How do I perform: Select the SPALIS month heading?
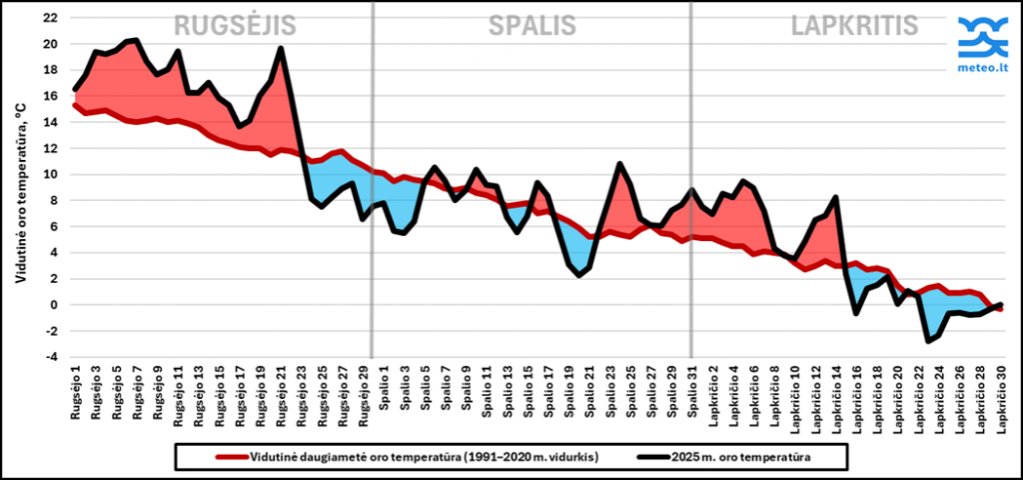pos(531,26)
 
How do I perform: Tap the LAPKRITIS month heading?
pos(854,26)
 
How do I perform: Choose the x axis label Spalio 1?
pos(386,395)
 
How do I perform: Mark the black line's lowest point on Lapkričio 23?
pos(928,341)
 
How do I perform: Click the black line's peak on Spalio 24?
pos(619,163)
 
